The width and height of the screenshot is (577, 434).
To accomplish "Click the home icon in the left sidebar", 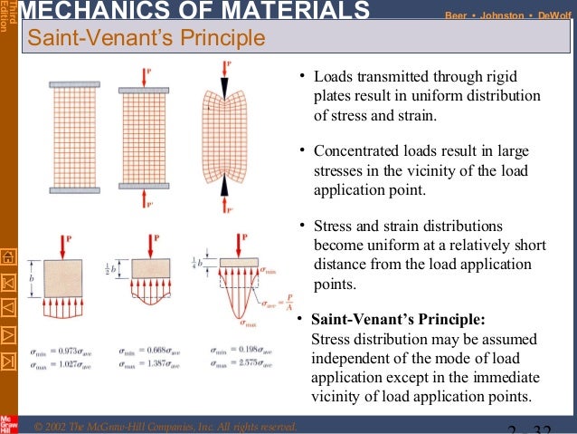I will (9, 256).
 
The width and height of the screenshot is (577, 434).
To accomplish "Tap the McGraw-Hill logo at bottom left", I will (9, 421).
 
